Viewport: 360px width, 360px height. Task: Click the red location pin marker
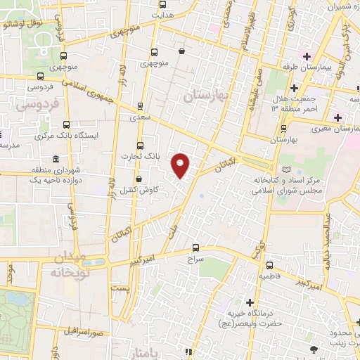181,165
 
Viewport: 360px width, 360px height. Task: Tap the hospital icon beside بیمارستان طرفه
306,56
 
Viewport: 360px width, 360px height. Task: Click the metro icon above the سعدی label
140,106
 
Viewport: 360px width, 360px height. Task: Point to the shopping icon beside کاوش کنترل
139,179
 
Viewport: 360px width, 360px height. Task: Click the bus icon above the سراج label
196,247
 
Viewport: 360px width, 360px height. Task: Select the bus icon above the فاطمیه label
270,265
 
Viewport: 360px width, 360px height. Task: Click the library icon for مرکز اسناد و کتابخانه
285,169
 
